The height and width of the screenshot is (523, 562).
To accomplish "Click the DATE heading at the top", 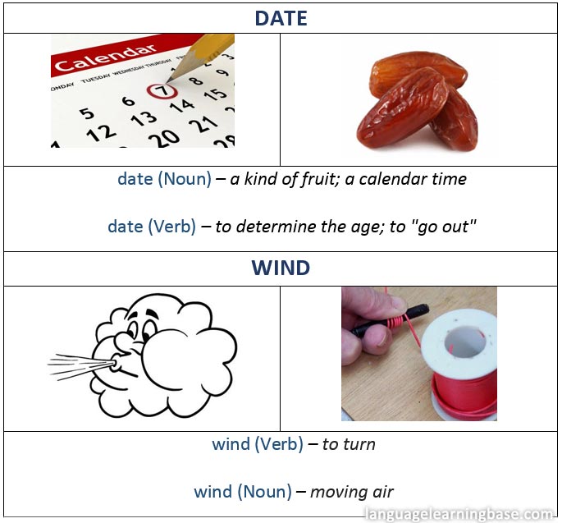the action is coord(281,18).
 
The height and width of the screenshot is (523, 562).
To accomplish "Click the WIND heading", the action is coord(281,268).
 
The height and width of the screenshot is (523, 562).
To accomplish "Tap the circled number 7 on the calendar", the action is coord(162,90).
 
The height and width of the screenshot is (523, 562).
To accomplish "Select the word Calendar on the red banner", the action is coord(106,57).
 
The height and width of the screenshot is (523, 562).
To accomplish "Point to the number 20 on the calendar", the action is coord(164,138).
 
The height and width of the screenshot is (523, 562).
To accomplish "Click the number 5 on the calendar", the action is coord(87,113).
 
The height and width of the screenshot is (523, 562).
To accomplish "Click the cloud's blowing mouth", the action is coord(116,365).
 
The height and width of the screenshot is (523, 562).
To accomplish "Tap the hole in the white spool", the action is coord(465,342).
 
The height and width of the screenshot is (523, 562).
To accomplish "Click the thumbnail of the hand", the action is coord(384,337).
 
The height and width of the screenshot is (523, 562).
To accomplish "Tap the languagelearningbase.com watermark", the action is coord(459,515).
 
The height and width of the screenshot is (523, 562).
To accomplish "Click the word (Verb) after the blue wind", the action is coord(279,444).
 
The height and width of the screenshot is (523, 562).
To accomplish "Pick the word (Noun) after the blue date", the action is coord(185,179).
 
